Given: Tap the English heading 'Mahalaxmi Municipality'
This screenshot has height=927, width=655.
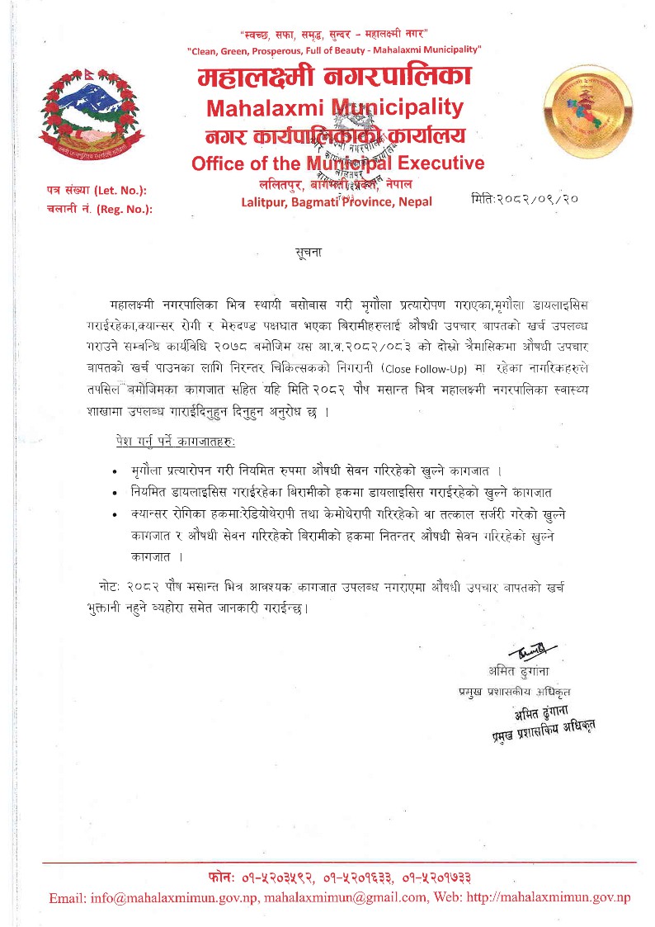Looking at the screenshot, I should (x=335, y=107).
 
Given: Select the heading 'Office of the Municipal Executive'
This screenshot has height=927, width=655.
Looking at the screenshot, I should (x=337, y=163).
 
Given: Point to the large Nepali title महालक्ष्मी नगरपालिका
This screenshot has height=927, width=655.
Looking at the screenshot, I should (x=335, y=78).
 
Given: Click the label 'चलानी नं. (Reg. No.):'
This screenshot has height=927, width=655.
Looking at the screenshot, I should (x=100, y=209).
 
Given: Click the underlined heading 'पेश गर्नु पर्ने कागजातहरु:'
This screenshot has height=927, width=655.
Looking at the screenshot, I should (x=176, y=442).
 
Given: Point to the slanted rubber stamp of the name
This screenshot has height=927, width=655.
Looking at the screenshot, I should (x=541, y=721).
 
